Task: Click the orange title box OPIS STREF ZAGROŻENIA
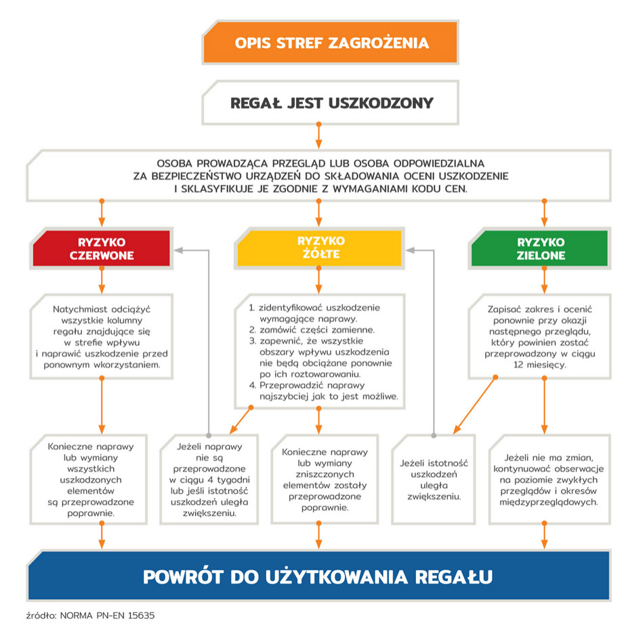pos(331,43)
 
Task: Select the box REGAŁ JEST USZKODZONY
pos(331,103)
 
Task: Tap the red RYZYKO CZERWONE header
pos(102,249)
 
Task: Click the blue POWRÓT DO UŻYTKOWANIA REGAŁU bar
pos(318,577)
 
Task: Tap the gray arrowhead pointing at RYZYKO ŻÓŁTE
pos(410,249)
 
